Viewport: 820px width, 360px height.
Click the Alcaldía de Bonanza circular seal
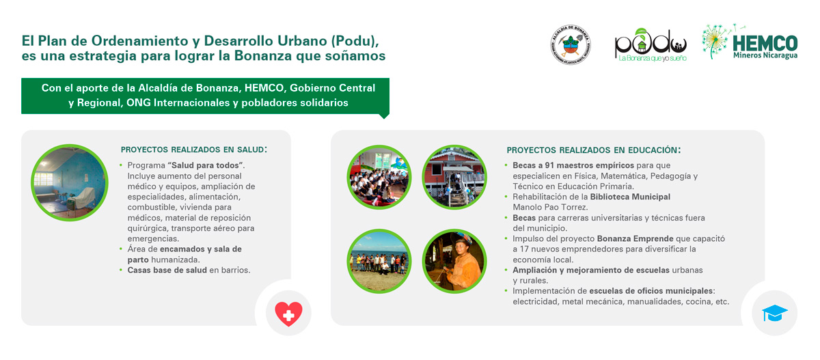tap(571, 44)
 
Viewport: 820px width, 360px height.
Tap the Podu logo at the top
tap(651, 45)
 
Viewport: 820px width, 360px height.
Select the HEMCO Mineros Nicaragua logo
tap(750, 42)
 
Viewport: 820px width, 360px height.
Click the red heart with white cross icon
tap(288, 314)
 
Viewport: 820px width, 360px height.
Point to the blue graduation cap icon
tap(775, 313)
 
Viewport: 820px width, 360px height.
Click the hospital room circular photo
tap(70, 182)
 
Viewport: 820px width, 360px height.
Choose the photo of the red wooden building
tap(454, 177)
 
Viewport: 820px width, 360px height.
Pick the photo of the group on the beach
tap(379, 261)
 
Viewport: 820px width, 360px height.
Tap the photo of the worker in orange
tap(454, 261)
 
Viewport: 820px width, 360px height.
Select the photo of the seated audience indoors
tap(379, 177)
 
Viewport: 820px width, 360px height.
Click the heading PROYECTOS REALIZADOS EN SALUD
tap(193, 150)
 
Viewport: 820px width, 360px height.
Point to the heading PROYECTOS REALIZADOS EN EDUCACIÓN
tap(593, 150)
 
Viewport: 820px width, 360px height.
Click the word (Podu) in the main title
tap(355, 41)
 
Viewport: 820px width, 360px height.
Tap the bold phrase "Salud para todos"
tap(205, 165)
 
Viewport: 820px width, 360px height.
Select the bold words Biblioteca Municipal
tap(630, 197)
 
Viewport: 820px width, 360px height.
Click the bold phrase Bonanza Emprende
tap(635, 238)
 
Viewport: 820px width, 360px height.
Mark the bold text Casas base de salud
tap(167, 270)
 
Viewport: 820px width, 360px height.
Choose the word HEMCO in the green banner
tap(264, 88)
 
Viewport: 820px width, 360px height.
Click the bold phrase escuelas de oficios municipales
tap(651, 291)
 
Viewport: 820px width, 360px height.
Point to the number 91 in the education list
tap(549, 165)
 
